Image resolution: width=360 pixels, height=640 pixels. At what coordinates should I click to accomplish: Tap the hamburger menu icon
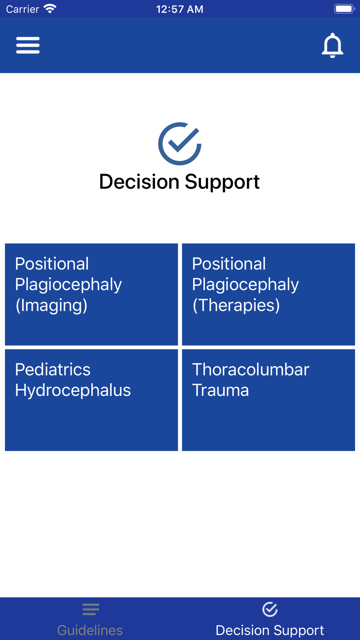coord(28,45)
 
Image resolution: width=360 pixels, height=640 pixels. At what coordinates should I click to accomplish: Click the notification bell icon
coord(332,45)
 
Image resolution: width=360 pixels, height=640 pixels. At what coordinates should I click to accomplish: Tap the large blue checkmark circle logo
coord(180,144)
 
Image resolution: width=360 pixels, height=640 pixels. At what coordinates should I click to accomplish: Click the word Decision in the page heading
coord(139,181)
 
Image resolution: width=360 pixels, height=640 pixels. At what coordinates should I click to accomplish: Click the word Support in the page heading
coord(222,182)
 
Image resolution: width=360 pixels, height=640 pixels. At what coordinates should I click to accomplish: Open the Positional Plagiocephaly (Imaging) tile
coord(91,294)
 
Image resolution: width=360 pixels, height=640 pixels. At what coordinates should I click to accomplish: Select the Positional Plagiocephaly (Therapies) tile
coord(269,294)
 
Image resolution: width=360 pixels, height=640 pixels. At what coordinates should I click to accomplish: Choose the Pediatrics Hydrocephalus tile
coord(91,400)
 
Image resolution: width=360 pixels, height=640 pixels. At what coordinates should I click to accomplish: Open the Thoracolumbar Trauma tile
coord(269,400)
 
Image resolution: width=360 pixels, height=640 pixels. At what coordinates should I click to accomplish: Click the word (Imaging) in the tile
coord(51,305)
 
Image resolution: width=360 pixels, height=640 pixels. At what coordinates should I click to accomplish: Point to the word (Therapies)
coord(236,305)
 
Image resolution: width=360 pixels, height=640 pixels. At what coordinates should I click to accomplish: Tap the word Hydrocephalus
coord(73,390)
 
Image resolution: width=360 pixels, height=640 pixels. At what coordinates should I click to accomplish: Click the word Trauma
coord(220,390)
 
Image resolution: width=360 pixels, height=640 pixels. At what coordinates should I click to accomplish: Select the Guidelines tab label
coord(90,630)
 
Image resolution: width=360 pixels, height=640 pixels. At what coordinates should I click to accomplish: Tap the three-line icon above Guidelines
coord(90,609)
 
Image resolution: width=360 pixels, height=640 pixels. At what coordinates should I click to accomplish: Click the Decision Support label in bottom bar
coord(270,630)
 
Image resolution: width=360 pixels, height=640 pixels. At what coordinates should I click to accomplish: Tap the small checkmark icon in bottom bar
coord(270,609)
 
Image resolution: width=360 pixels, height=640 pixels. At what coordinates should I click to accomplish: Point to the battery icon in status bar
coord(345,9)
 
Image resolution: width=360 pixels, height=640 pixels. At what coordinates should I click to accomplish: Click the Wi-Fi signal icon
coord(50,9)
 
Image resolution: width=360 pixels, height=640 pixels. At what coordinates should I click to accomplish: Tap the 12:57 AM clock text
coord(180,9)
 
